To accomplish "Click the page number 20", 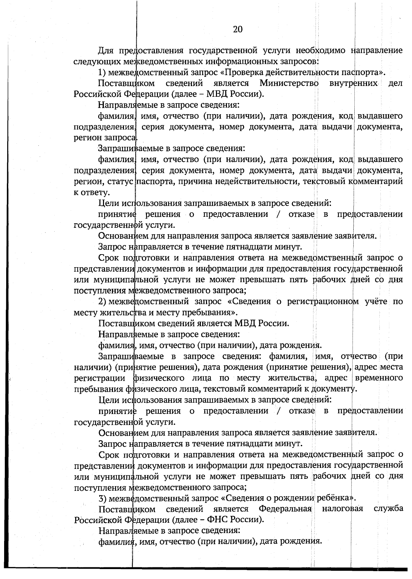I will click(x=238, y=29).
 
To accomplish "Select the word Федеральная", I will click(x=285, y=508).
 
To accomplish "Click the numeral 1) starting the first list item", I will click(x=102, y=72).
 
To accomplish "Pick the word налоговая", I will click(x=342, y=508).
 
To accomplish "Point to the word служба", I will click(x=388, y=508).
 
